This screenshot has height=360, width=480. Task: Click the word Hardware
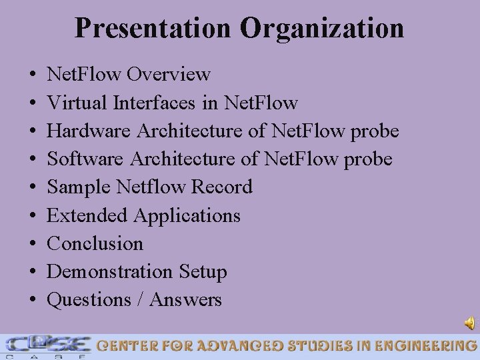[x=89, y=131]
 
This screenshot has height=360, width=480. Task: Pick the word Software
[x=87, y=159]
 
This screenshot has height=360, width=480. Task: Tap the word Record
[x=222, y=187]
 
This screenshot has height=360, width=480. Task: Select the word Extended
[x=87, y=215]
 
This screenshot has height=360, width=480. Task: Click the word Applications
[x=187, y=216]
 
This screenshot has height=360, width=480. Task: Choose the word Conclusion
[x=95, y=243]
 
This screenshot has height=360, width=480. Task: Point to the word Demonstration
[x=109, y=271]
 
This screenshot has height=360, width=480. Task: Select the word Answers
[x=185, y=300]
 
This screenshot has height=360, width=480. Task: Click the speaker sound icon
[x=469, y=323]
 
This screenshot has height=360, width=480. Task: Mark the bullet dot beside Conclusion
[x=33, y=244]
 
